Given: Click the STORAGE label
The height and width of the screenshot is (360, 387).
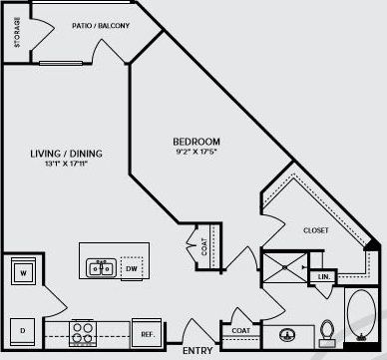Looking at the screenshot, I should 18,36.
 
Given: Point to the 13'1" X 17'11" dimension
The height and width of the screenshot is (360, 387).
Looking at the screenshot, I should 67,166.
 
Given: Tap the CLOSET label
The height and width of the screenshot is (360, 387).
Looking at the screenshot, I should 316,230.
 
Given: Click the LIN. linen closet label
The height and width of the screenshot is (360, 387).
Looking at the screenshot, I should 324,277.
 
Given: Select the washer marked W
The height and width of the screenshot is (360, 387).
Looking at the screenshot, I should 22,271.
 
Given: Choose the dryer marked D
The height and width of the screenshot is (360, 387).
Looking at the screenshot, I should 22,329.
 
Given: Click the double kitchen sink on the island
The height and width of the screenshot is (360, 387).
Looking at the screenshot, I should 101,266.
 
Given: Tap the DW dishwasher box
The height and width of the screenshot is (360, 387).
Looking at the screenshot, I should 132,266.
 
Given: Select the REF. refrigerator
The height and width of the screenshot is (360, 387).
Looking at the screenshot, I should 146,334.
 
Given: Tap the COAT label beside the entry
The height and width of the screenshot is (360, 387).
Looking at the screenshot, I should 240,330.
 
